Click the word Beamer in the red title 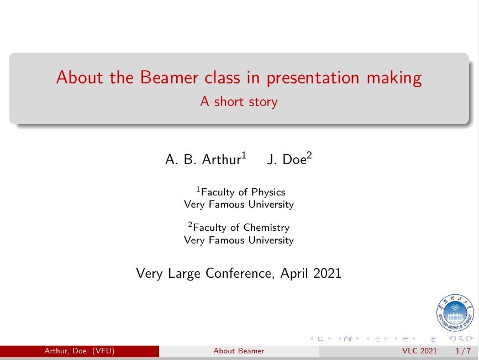coord(169,77)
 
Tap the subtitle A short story coord(239,102)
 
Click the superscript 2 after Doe coord(309,155)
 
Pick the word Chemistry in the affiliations coord(266,228)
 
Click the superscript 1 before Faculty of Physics coord(198,189)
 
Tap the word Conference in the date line coord(239,273)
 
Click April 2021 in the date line coord(310,273)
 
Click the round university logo coord(455,313)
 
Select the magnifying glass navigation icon coord(461,338)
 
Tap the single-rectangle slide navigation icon coord(320,338)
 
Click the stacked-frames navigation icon coord(348,338)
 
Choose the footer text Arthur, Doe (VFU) coord(80,351)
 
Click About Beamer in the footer coord(239,351)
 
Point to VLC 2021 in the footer coord(419,351)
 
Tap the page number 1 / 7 coord(463,351)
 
